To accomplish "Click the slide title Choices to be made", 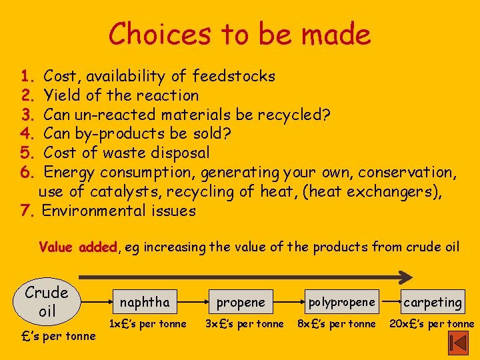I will (x=239, y=34).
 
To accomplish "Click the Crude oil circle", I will (x=47, y=302).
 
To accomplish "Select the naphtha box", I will (x=145, y=302).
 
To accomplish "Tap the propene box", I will (x=241, y=302).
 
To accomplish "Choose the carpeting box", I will (x=433, y=302).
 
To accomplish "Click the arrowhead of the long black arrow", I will (x=405, y=275).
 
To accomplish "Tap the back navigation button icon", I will (x=459, y=343).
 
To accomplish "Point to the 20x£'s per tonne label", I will (x=433, y=325).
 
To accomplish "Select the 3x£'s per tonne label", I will (x=244, y=325).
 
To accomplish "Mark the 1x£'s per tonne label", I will (x=147, y=325).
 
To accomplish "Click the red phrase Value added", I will (x=79, y=247).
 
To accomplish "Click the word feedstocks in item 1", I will (x=233, y=76).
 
